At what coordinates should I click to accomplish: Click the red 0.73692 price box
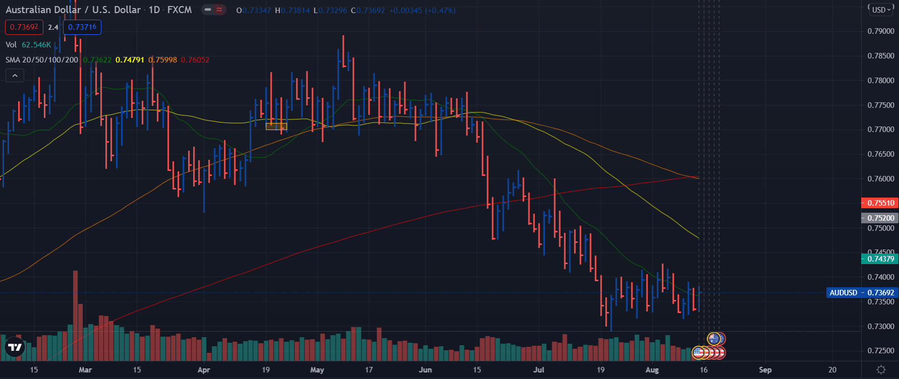(24, 27)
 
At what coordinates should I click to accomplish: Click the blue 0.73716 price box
(82, 27)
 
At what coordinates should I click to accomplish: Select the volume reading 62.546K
(36, 45)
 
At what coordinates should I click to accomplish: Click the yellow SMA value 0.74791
(130, 60)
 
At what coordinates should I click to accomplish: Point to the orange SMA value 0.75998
(163, 60)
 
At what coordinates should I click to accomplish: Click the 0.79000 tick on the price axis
(880, 31)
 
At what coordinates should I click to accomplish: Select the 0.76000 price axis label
(880, 179)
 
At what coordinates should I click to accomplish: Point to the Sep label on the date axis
(765, 370)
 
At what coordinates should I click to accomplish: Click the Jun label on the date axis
(425, 370)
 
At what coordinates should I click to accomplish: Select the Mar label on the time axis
(85, 370)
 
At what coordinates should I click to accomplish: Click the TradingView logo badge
(15, 347)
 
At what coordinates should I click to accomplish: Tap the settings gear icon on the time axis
(881, 370)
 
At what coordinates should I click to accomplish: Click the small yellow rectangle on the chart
(276, 127)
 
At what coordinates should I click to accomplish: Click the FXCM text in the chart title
(179, 10)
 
